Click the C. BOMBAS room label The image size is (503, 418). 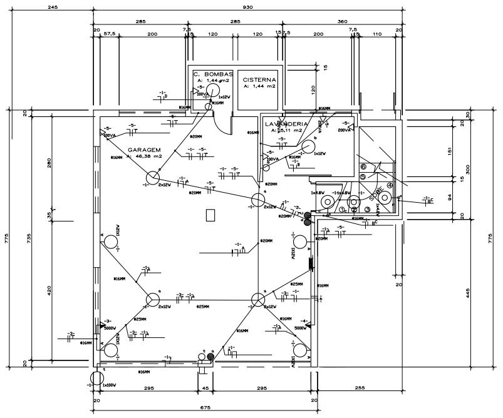pos(214,73)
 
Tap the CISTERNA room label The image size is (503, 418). pos(259,79)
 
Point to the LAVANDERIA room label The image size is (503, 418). pos(286,124)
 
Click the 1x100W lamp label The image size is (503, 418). pos(108,385)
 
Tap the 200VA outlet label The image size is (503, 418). pos(344,130)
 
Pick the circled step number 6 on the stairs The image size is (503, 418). pos(363,167)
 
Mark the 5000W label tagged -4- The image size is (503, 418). pos(300,327)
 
